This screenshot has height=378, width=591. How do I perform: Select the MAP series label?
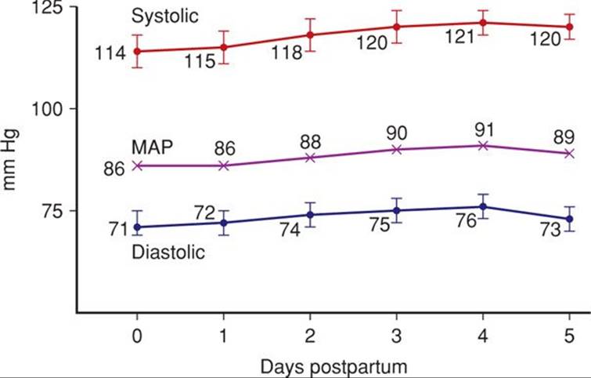tap(152, 147)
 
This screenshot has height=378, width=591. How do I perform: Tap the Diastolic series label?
tap(168, 253)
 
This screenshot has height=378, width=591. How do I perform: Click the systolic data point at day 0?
tap(138, 52)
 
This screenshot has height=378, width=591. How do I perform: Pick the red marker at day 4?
tap(484, 23)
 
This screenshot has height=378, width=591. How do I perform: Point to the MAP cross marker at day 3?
tap(397, 149)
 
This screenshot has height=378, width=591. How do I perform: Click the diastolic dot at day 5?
tap(570, 219)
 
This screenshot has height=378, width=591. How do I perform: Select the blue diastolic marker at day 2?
tap(311, 215)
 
